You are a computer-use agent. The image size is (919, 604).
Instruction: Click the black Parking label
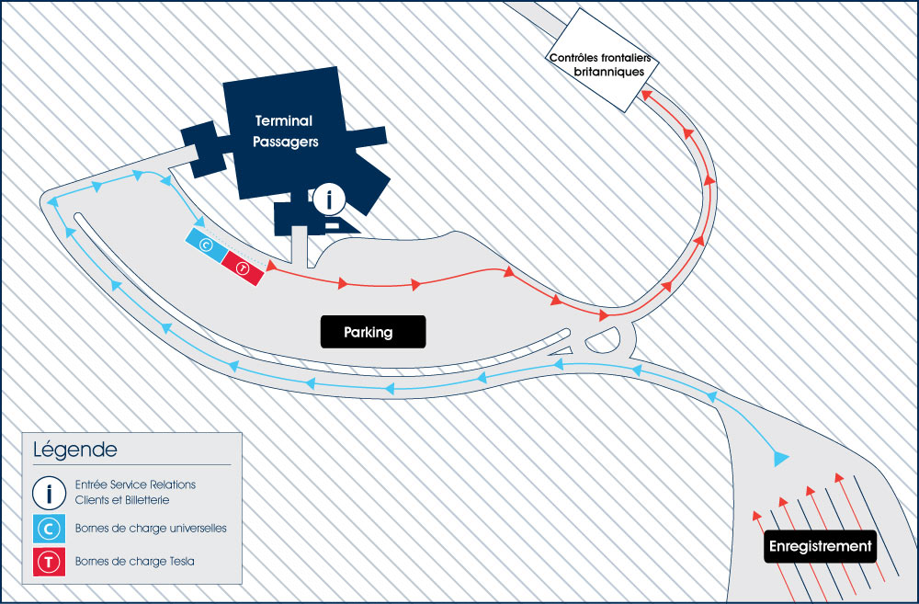pyautogui.click(x=373, y=332)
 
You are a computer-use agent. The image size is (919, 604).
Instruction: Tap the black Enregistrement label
pyautogui.click(x=821, y=547)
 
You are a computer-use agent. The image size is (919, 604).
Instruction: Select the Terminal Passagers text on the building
pyautogui.click(x=285, y=131)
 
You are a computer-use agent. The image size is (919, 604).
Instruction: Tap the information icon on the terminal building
pyautogui.click(x=330, y=199)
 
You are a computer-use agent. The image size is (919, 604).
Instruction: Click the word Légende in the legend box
pyautogui.click(x=74, y=450)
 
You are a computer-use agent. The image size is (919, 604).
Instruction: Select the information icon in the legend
pyautogui.click(x=48, y=493)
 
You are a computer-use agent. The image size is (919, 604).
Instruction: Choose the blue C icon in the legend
pyautogui.click(x=48, y=529)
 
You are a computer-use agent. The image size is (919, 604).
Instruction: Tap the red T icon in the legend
pyautogui.click(x=48, y=562)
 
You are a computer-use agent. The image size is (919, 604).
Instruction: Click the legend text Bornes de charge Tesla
pyautogui.click(x=134, y=562)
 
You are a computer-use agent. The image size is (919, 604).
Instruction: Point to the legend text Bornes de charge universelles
pyautogui.click(x=151, y=529)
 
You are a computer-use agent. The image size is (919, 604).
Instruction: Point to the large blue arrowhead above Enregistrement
pyautogui.click(x=782, y=457)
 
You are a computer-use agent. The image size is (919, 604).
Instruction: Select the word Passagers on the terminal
pyautogui.click(x=285, y=142)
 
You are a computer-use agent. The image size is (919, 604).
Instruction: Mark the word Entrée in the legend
pyautogui.click(x=90, y=484)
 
